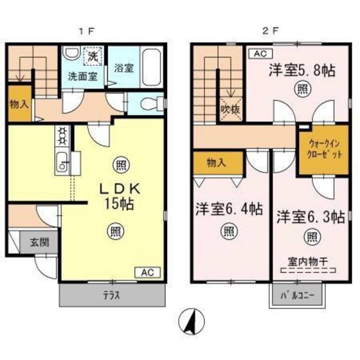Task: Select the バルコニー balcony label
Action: [296, 296]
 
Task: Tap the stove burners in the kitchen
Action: [63, 136]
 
